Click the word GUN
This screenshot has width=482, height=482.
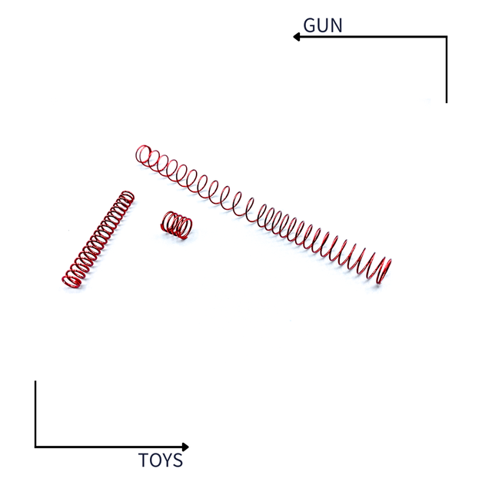tap(322, 25)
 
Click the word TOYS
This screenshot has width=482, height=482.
tap(161, 460)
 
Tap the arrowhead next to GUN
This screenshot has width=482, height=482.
tap(296, 37)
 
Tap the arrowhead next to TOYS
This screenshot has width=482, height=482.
tap(185, 447)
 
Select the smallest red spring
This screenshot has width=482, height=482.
tap(176, 225)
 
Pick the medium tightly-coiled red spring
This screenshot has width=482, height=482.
tap(98, 239)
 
